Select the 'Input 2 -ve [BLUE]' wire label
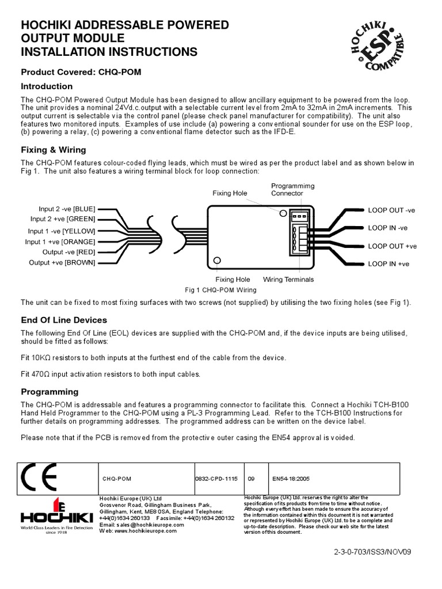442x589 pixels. point(67,209)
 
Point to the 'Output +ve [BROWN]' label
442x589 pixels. point(62,263)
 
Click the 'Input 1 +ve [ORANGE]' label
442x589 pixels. point(60,242)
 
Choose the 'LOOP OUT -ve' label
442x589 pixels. point(391,211)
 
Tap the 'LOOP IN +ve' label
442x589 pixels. point(388,264)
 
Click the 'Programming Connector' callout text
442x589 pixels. point(292,190)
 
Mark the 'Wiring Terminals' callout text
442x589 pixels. point(288,280)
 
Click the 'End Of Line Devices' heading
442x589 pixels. point(64,320)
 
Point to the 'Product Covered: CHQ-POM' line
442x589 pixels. point(81,72)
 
